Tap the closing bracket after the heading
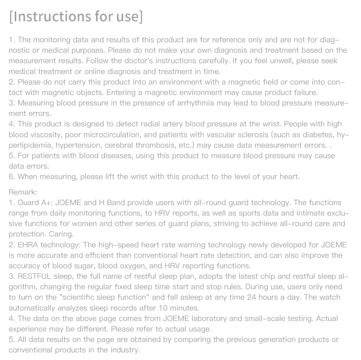pyautogui.click(x=140, y=17)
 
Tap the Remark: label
pyautogui.click(x=23, y=192)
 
